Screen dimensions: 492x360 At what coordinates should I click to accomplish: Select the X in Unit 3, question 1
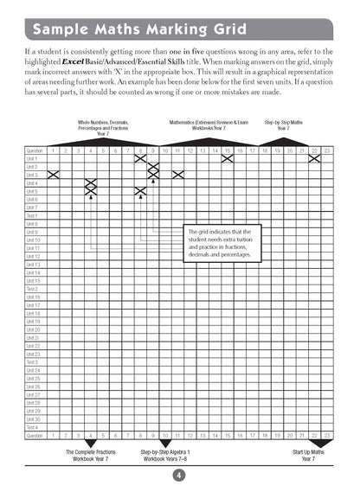pyautogui.click(x=53, y=175)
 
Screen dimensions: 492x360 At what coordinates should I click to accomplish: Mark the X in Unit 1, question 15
pyautogui.click(x=227, y=158)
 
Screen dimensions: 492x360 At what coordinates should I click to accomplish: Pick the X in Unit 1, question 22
pyautogui.click(x=314, y=158)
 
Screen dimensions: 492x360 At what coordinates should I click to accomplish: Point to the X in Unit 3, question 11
pyautogui.click(x=177, y=175)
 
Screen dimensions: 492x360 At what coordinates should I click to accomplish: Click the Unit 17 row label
pyautogui.click(x=33, y=305)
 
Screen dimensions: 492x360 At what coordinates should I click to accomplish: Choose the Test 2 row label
pyautogui.click(x=32, y=289)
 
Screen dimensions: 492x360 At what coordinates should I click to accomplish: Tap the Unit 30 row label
pyautogui.click(x=33, y=419)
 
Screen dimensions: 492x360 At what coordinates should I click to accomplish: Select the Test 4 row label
pyautogui.click(x=32, y=427)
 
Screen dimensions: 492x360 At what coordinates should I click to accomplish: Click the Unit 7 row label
pyautogui.click(x=32, y=208)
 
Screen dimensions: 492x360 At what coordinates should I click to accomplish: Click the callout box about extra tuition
pyautogui.click(x=221, y=246)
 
